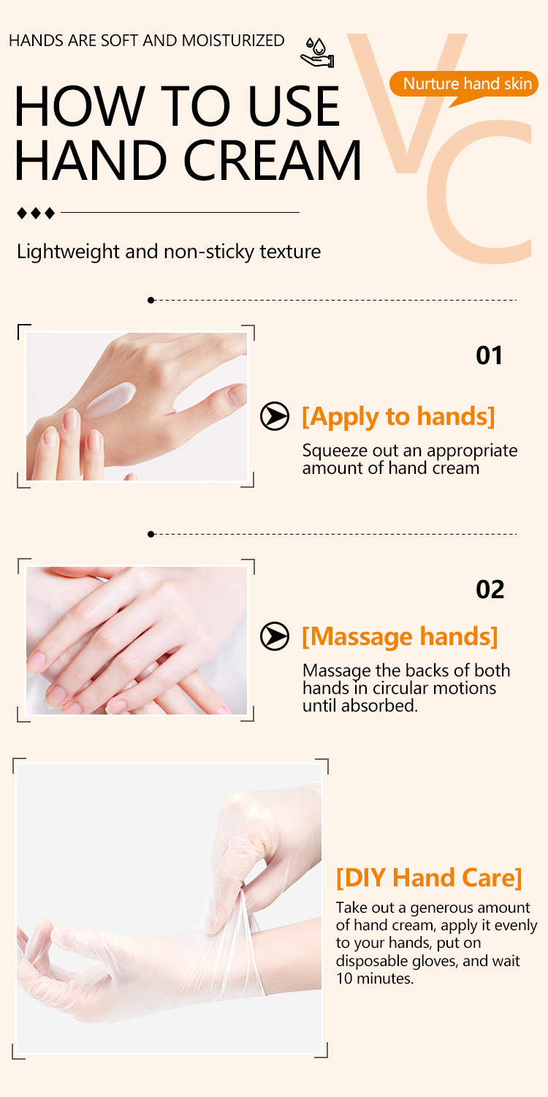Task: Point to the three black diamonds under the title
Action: point(36,213)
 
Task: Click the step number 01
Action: point(490,355)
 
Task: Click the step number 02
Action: point(490,589)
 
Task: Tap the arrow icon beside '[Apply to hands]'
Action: point(275,415)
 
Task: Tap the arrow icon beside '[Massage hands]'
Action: point(275,636)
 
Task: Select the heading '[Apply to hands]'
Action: point(398,416)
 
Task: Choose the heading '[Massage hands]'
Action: point(400,636)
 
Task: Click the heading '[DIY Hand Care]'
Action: point(429,876)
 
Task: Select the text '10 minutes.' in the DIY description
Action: point(374,977)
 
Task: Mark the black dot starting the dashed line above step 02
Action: point(151,535)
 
